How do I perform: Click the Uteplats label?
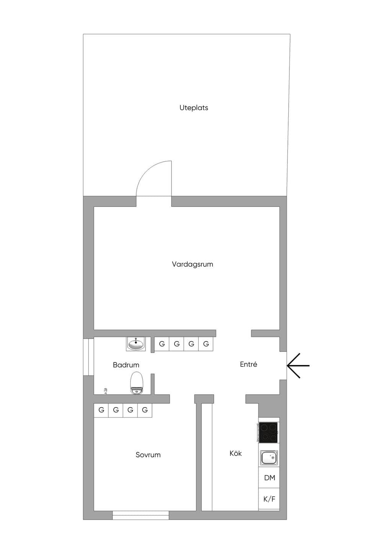194,108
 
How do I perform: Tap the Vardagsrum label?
193,264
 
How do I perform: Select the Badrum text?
126,365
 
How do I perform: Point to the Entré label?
248,364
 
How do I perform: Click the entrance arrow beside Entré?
298,366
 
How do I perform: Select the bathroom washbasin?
136,344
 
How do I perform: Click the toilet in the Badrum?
137,383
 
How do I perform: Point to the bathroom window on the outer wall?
88,357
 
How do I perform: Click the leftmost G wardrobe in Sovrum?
101,410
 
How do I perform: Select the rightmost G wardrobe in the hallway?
206,344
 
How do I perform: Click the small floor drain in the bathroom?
106,391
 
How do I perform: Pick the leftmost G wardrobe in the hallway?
162,344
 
